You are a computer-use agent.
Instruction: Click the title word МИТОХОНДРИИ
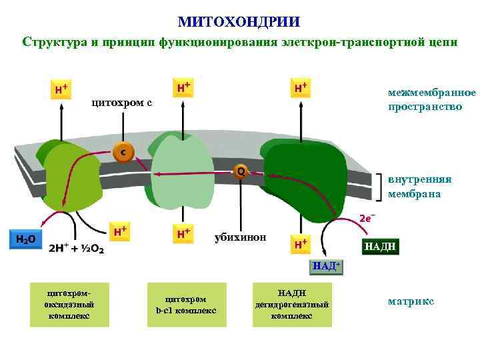239,22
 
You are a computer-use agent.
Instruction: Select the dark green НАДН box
381,247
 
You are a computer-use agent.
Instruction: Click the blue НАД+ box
326,267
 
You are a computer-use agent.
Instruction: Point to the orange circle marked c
123,153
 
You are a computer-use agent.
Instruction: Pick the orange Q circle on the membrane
240,171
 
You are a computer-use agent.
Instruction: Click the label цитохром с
122,103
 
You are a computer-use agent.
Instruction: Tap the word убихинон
240,237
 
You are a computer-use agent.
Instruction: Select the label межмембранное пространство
431,99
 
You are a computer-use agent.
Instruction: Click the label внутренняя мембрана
420,187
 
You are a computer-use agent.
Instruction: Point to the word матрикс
411,301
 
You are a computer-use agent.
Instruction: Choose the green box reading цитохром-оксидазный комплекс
69,305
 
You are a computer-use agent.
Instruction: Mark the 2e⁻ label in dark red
367,218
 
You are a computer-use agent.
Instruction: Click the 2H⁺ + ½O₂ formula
74,248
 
